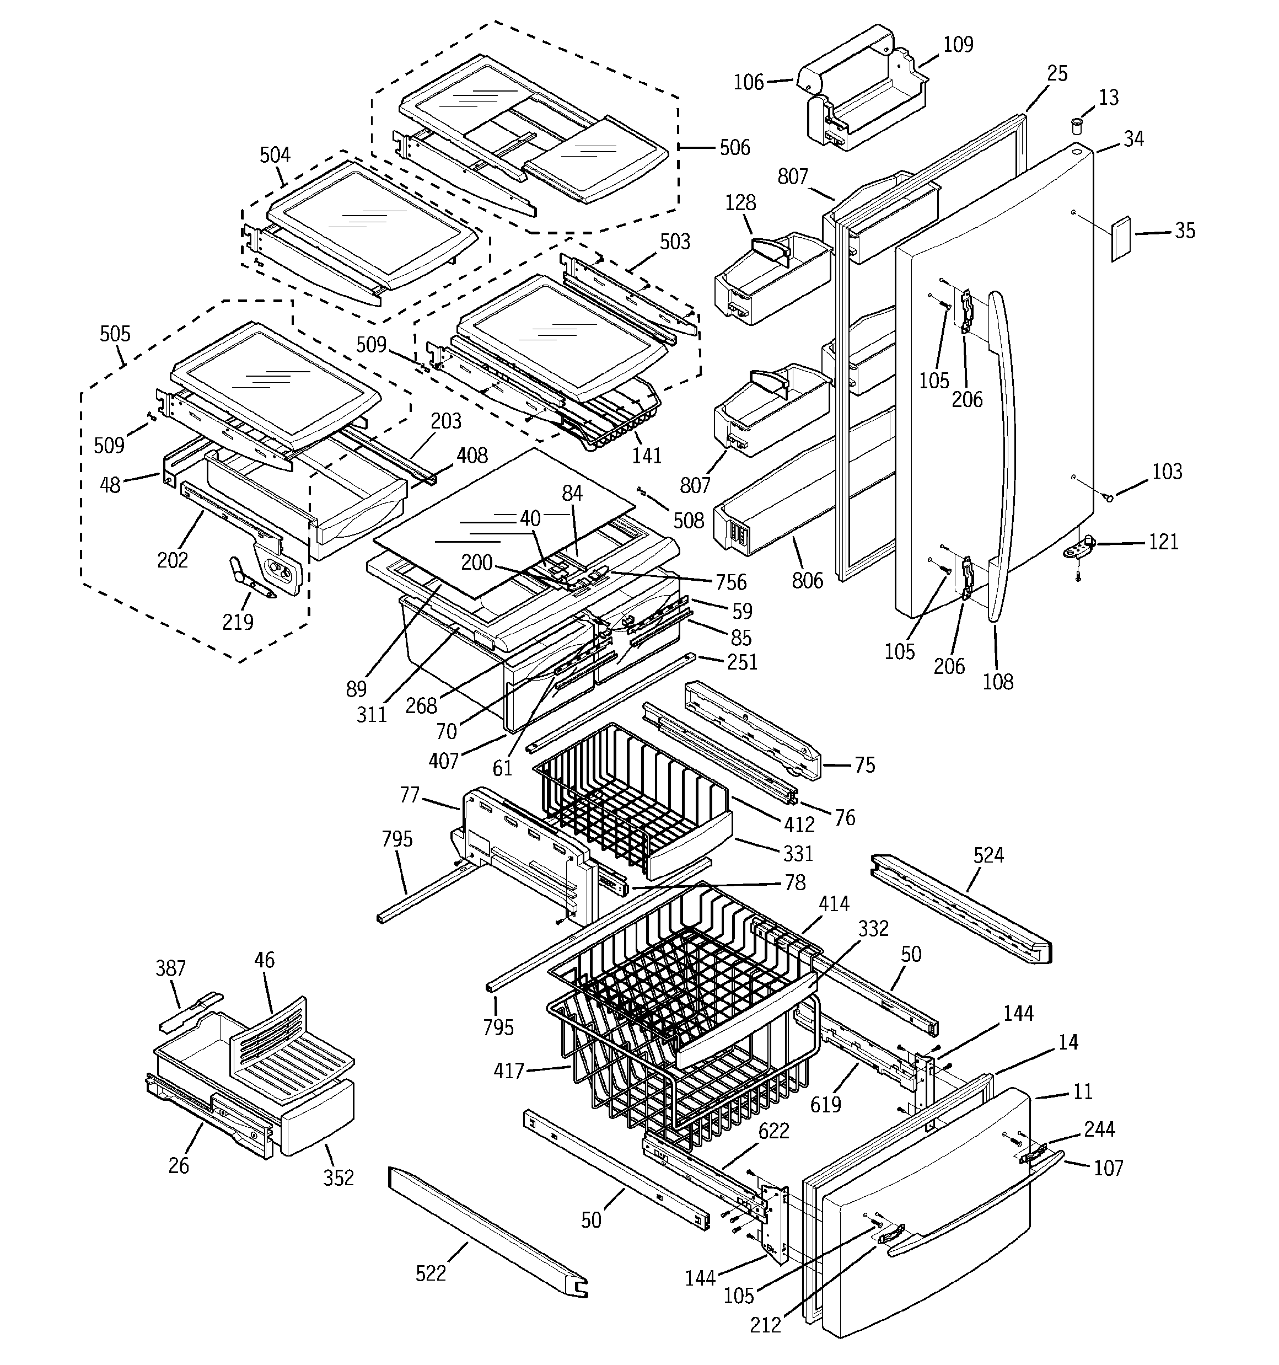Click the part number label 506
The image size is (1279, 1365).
click(734, 148)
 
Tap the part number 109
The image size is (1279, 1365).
click(958, 45)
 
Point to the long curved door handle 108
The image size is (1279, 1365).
click(1004, 453)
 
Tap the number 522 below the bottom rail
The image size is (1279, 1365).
click(431, 1273)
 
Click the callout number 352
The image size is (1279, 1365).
click(338, 1177)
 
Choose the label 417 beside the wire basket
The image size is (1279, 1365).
click(509, 1070)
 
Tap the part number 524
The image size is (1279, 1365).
click(988, 855)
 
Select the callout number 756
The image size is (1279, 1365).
click(730, 582)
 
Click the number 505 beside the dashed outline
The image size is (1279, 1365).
click(115, 334)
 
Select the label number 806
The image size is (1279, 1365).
click(807, 580)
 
